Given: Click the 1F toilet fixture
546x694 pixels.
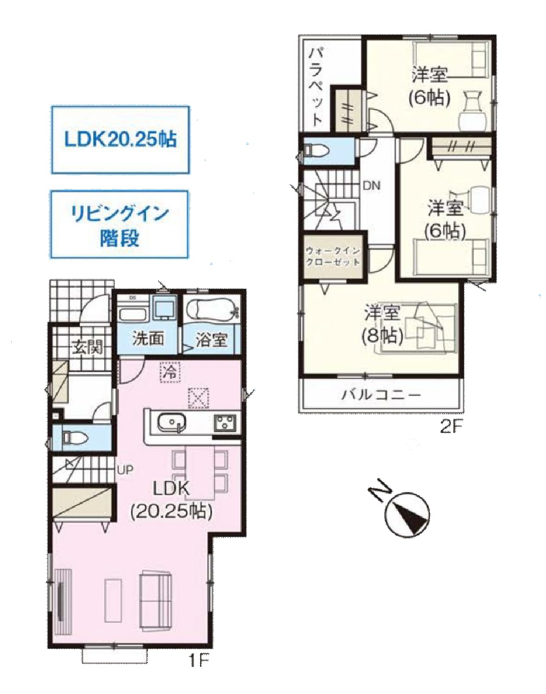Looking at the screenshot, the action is click(74, 438).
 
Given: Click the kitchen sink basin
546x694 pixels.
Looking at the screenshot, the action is click(171, 422).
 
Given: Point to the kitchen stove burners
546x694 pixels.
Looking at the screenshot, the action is click(226, 422).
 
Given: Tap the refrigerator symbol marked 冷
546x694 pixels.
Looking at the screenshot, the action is click(170, 372).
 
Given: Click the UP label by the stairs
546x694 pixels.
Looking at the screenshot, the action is click(125, 470).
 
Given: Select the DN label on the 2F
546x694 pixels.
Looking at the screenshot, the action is click(372, 186).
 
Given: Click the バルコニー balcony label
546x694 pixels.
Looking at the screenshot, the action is click(382, 395).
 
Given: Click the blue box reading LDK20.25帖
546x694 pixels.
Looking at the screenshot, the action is click(120, 140).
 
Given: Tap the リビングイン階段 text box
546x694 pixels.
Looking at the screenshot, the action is click(119, 224).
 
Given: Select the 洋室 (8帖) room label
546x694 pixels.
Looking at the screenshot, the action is click(383, 325).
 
